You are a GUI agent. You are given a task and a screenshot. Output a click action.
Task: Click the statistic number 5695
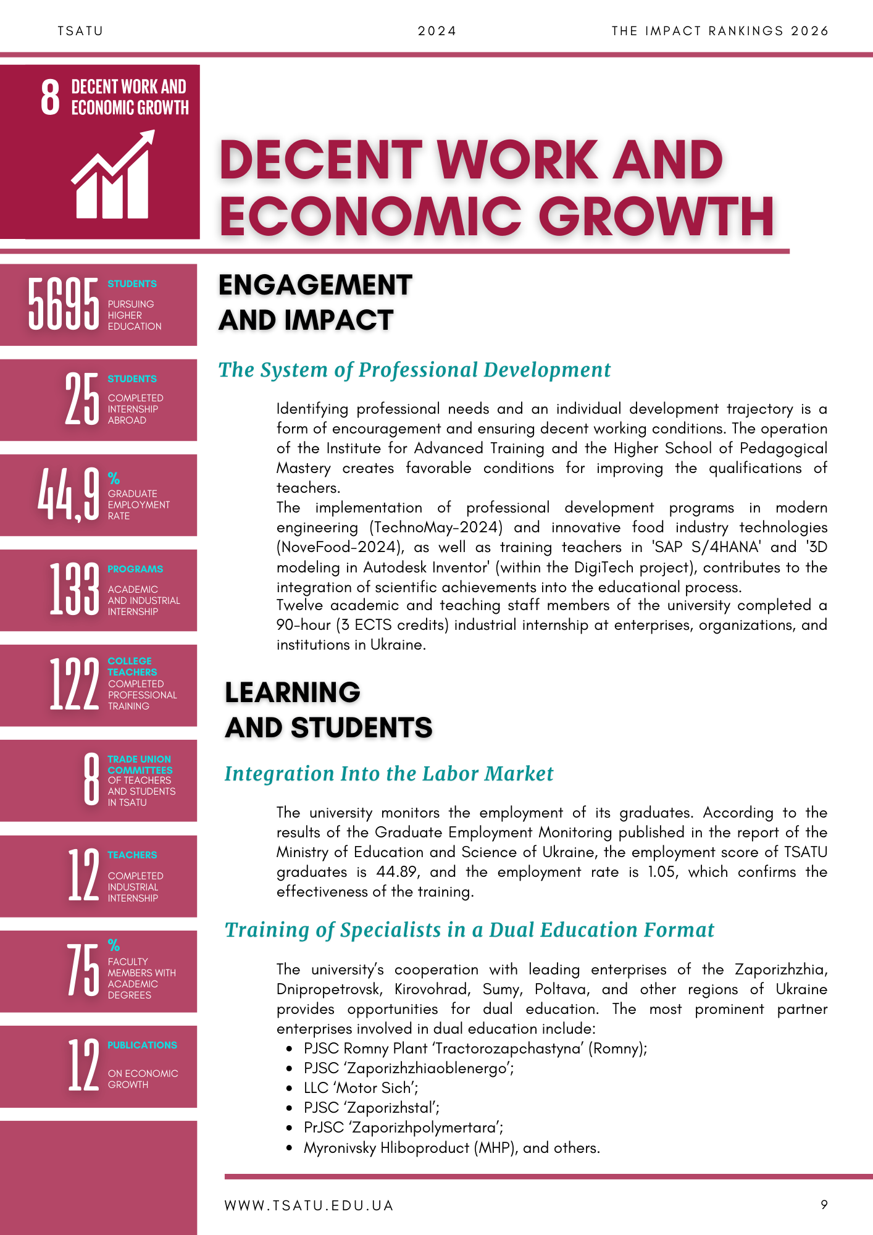point(63,304)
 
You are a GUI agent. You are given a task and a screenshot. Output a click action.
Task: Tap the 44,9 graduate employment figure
point(68,495)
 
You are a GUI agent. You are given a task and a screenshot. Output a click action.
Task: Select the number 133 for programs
point(74,590)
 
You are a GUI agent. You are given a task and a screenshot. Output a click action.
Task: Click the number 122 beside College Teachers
point(74,685)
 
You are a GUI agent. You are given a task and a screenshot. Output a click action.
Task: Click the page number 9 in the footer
point(824,1205)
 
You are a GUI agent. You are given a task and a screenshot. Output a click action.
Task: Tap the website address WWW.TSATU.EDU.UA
point(309,1205)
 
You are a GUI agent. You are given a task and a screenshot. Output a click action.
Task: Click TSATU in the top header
point(80,31)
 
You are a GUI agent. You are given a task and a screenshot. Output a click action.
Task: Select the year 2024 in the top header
point(437,31)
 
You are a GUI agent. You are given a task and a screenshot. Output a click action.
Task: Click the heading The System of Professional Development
point(414,370)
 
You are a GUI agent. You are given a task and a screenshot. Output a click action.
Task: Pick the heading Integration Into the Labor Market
point(389,774)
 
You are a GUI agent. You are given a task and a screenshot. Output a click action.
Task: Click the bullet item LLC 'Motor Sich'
point(361,1088)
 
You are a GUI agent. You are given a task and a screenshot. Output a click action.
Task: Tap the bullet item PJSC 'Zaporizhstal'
point(371,1108)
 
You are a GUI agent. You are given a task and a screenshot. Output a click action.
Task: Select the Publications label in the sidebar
point(142,1045)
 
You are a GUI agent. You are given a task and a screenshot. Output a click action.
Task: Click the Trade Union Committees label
point(140,764)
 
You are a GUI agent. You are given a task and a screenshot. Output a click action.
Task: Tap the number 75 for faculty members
point(83,970)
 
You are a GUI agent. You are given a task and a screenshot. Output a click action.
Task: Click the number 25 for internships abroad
point(82,399)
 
